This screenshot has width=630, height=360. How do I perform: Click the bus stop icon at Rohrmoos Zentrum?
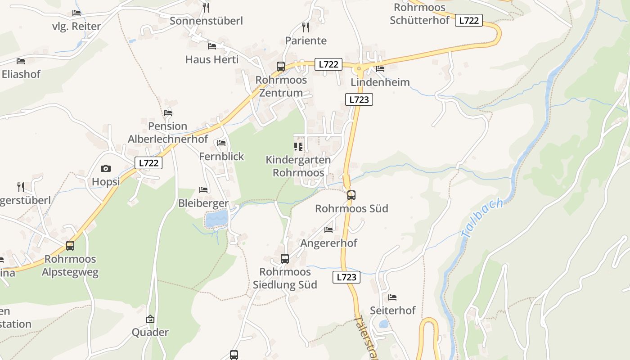pos(281,67)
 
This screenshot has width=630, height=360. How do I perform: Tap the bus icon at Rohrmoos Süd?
pos(351,195)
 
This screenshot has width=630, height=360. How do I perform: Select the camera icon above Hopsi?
pos(106,169)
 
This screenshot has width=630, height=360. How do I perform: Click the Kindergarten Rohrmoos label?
pos(298,166)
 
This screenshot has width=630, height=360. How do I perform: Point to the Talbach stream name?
pos(481,219)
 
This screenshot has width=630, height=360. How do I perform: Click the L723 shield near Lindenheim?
pos(359,99)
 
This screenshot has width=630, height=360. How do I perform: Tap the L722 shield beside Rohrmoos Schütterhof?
pos(468,20)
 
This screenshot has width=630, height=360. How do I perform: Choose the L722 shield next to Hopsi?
pos(148,163)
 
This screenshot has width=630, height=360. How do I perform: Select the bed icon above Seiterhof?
pos(392,297)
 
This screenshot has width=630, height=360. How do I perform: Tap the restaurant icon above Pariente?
pos(306,27)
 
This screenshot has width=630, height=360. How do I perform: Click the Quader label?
pos(150,333)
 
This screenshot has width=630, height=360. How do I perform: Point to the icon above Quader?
pos(150,319)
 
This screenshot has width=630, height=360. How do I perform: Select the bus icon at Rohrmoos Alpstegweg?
pos(70,246)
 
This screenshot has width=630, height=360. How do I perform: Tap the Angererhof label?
pos(328,243)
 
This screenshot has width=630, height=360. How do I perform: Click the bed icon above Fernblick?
pos(221,143)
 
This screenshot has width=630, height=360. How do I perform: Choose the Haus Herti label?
pos(212,59)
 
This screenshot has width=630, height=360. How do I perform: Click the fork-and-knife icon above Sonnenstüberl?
pos(206,7)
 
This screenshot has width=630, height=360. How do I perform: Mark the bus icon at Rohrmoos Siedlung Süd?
pos(285,259)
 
